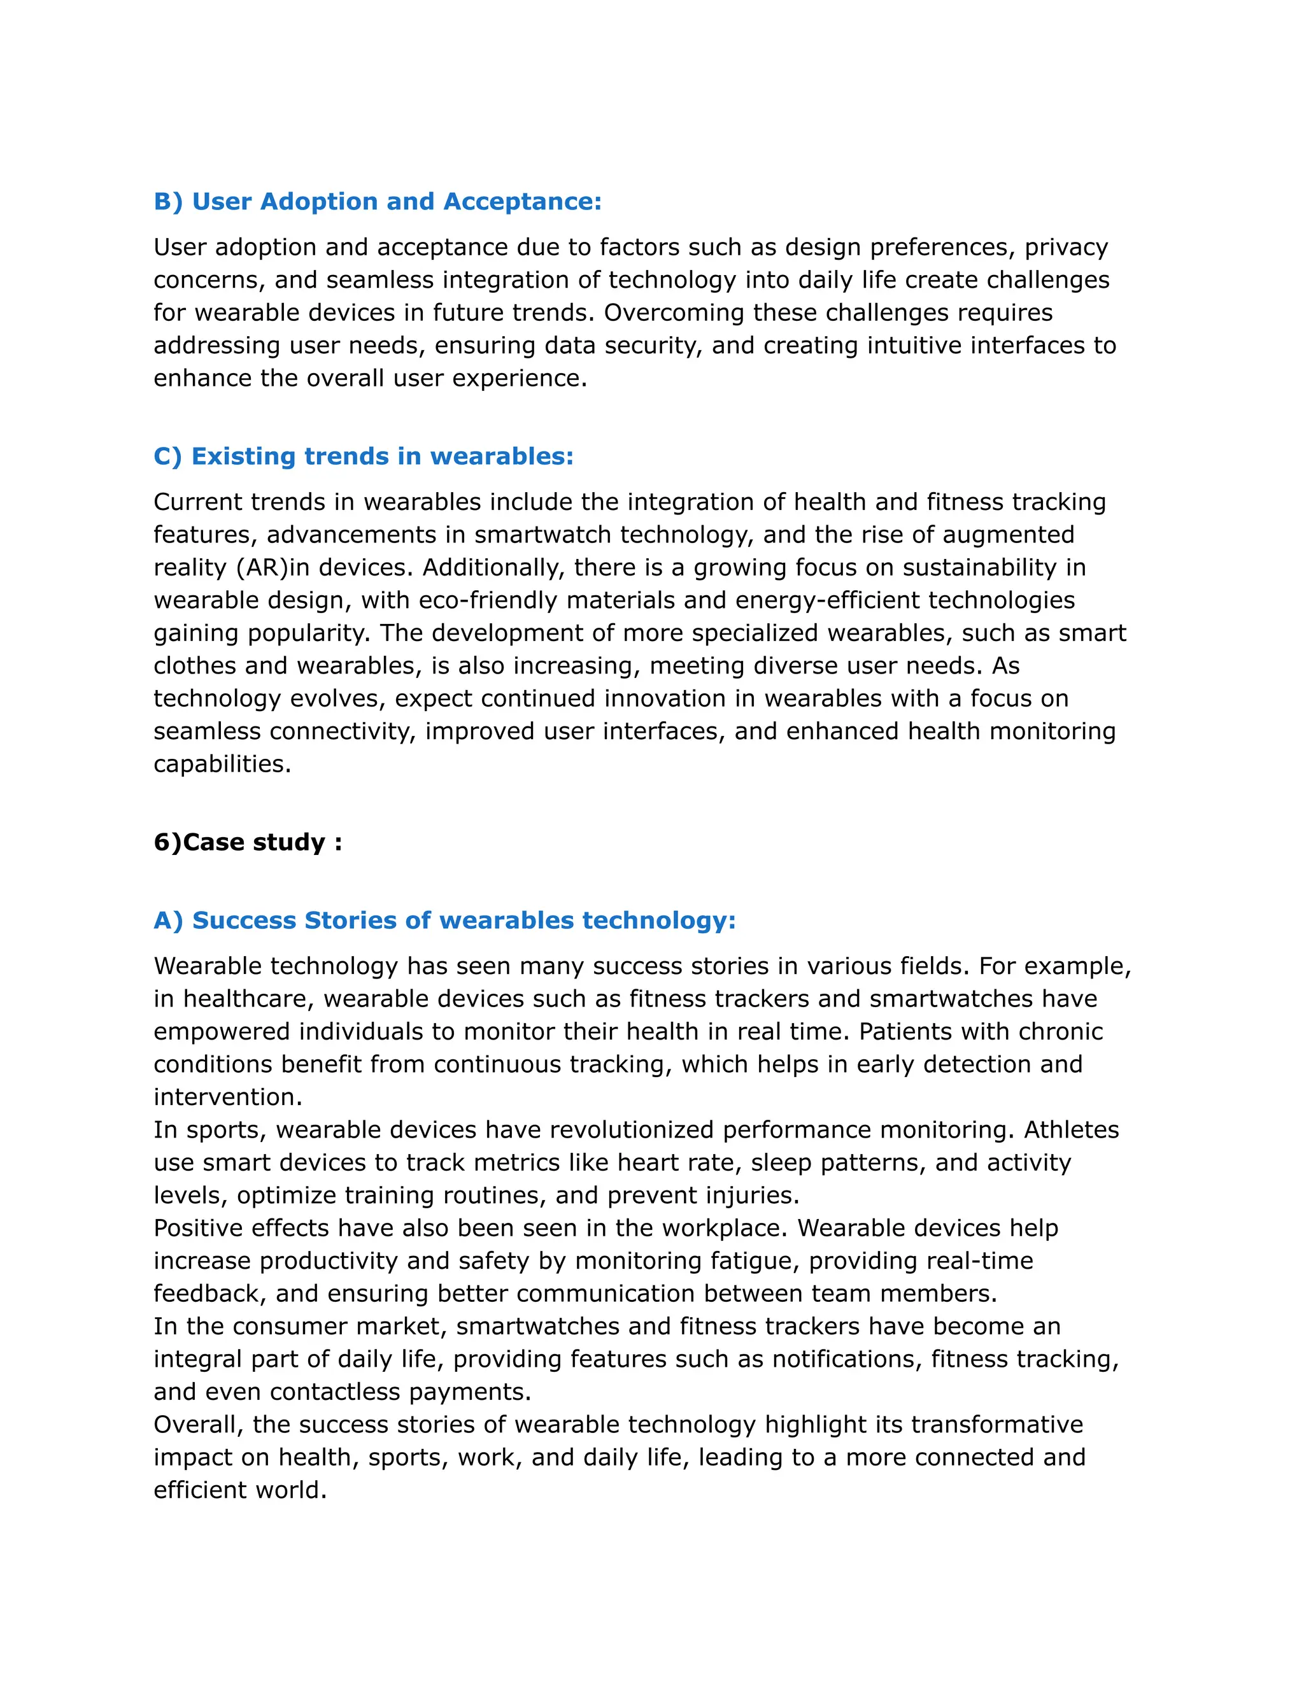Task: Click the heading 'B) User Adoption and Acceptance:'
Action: click(377, 202)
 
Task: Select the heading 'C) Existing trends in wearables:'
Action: click(363, 456)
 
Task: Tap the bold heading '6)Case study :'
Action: click(247, 842)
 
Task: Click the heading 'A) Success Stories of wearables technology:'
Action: click(444, 921)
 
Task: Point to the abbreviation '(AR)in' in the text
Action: click(273, 568)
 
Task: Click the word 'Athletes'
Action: click(1071, 1130)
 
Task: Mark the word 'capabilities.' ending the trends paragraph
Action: click(222, 764)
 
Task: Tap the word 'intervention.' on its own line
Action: click(228, 1098)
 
